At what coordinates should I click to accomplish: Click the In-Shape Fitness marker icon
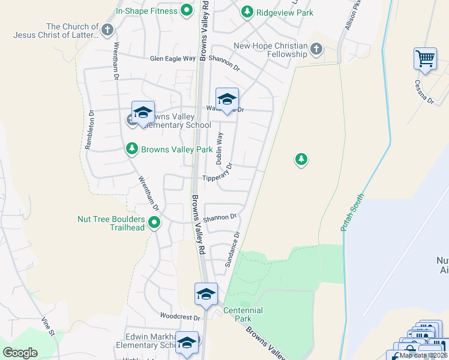pos(186,10)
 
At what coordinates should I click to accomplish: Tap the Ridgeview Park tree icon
pos(247,11)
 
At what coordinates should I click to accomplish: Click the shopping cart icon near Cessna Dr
pos(425,59)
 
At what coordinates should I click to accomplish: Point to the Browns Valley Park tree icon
pos(132,149)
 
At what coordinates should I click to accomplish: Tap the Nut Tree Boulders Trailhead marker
pos(154,223)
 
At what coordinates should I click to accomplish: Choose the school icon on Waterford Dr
pos(227,100)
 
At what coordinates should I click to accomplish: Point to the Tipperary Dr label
pos(217,175)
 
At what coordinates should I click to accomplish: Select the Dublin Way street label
pos(219,148)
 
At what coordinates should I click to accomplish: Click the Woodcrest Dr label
pos(179,316)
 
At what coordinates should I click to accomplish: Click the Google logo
pos(20,353)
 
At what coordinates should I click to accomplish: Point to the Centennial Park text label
pos(243,314)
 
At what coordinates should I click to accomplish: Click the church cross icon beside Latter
pos(107,30)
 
